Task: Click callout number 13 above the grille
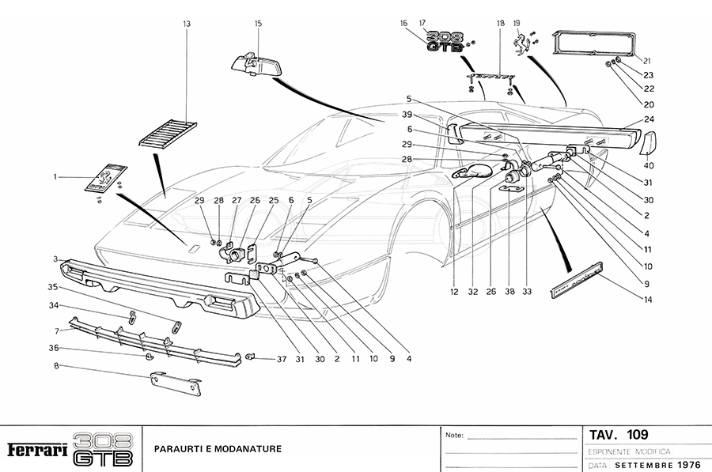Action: [187, 25]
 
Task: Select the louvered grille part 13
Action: [169, 132]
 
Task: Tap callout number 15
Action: [258, 25]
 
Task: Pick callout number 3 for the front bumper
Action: [55, 259]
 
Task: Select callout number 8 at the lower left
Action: [55, 365]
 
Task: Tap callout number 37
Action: [281, 359]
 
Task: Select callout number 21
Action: [646, 60]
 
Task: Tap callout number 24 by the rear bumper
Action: [649, 120]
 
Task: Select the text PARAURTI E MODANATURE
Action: [218, 449]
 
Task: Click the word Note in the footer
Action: [454, 436]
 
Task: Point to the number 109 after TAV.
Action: [637, 434]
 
